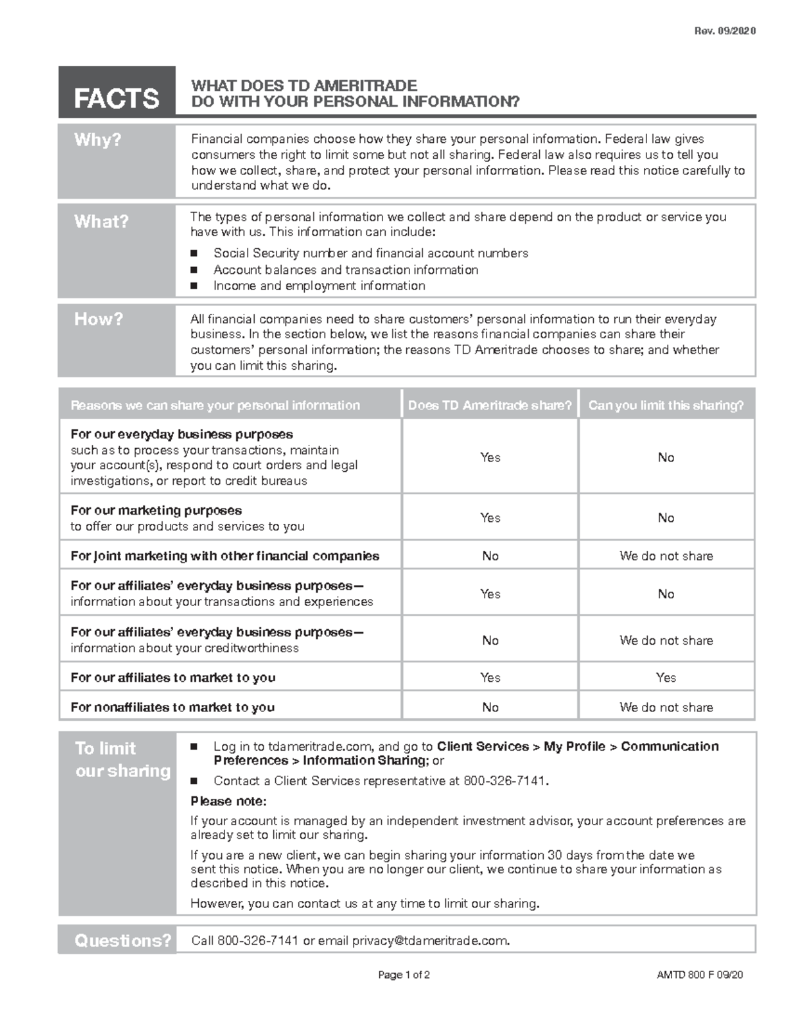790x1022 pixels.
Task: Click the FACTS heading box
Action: tap(117, 93)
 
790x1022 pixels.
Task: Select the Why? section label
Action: tap(97, 140)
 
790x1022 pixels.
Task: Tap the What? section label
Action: tap(101, 221)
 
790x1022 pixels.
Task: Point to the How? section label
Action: tap(98, 319)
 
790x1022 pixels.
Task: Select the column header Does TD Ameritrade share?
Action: tap(490, 405)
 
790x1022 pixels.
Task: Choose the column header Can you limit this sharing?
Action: tap(666, 405)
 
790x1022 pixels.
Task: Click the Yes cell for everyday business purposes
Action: tap(490, 457)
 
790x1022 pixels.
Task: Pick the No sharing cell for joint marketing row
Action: tap(490, 556)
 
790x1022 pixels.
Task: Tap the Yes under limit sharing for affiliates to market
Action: tap(666, 677)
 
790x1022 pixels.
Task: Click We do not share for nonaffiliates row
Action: tap(666, 707)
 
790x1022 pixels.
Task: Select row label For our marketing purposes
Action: tap(156, 511)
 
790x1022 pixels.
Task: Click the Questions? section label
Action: tap(122, 940)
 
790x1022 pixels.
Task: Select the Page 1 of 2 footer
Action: tap(404, 975)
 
